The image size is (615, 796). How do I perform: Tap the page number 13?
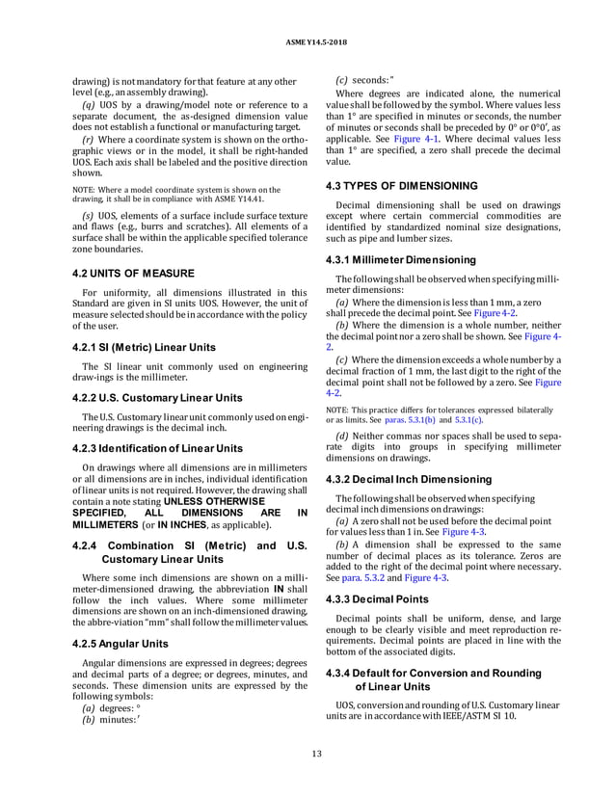coord(307,754)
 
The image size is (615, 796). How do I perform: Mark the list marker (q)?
coord(89,103)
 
